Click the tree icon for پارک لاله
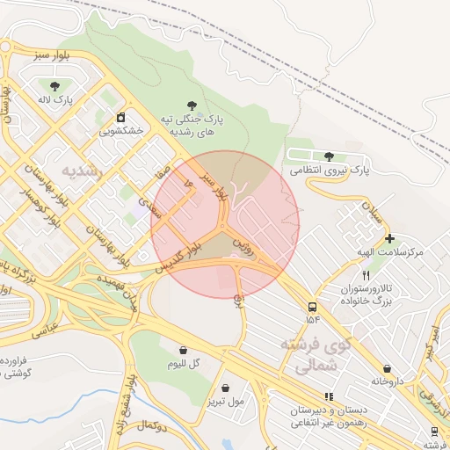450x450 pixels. tap(56, 85)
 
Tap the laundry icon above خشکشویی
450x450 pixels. tap(120, 117)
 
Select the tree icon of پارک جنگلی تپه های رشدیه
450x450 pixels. tap(192, 104)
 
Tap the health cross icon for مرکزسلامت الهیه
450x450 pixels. tap(389, 238)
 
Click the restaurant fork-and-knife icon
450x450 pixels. tap(378, 275)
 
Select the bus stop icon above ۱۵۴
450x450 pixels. tap(312, 307)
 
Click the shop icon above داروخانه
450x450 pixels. tap(388, 369)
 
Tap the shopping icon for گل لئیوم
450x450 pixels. tap(183, 350)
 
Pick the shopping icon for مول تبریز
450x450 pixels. tap(226, 388)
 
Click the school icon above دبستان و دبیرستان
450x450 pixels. tap(329, 397)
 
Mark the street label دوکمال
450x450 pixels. tap(152, 425)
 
